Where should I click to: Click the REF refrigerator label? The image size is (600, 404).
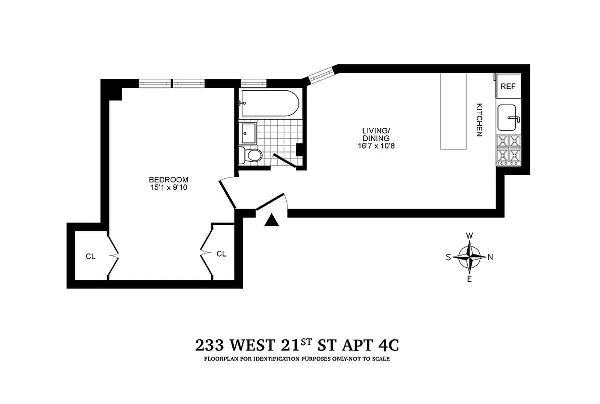point(508,86)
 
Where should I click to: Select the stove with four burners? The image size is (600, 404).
point(509,150)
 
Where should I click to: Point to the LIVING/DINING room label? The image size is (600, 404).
point(376,134)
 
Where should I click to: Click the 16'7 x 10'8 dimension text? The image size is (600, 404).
point(376,146)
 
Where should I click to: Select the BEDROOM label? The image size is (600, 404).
point(168,179)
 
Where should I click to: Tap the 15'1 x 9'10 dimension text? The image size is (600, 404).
point(168,188)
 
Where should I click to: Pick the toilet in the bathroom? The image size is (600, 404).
point(252,155)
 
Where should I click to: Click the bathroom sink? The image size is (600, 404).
point(249,133)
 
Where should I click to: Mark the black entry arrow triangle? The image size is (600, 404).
point(272,220)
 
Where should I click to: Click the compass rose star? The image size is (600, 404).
point(470,257)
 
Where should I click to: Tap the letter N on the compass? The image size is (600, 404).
point(490,257)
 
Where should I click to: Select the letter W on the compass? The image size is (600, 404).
point(469,236)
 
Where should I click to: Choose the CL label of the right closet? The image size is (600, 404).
point(221,254)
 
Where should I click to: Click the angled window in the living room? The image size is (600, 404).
point(320,76)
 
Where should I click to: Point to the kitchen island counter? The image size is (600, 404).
point(454,111)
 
